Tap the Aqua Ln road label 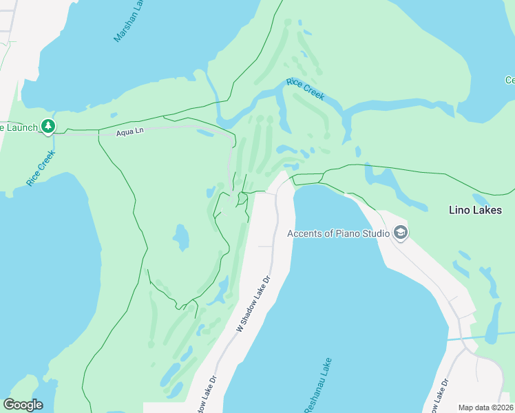coord(129,131)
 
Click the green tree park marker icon coord(48,126)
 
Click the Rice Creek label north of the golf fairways coord(306,89)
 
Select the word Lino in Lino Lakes coord(459,209)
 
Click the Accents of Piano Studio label coord(338,233)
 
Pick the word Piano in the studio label coord(347,233)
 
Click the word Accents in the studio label coord(304,233)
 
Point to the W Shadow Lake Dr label coord(255,304)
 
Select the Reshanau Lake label coord(317,385)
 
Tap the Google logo coord(23,405)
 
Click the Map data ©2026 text coord(486,407)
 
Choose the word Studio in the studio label coord(376,233)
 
